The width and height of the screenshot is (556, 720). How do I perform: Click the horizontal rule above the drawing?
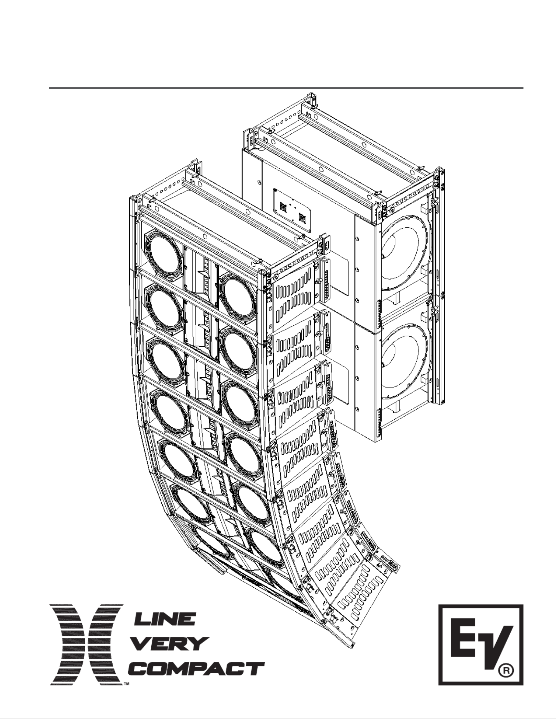(286, 88)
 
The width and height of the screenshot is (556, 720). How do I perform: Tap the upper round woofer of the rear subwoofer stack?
(406, 253)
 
